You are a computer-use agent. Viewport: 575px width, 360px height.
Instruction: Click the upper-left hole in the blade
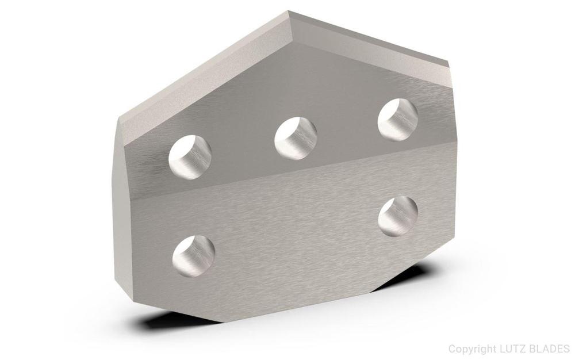point(190,157)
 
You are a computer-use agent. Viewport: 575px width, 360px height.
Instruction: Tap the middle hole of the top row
point(296,138)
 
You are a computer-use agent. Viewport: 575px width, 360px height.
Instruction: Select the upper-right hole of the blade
point(398,119)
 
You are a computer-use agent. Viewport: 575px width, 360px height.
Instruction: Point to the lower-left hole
point(194,256)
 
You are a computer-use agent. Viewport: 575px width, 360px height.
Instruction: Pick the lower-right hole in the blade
point(398,216)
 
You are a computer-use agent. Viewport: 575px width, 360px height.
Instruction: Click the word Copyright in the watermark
point(473,348)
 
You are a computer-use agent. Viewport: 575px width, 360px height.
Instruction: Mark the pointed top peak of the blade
point(288,11)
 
